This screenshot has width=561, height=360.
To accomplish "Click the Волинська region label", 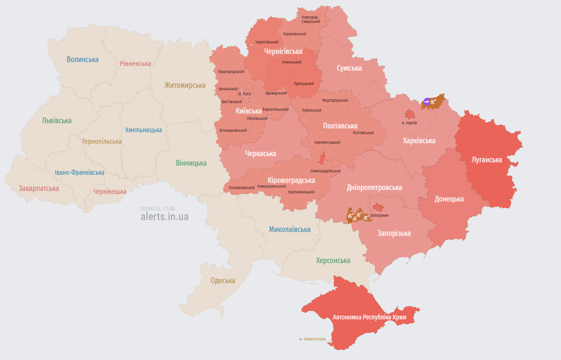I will pos(83,60).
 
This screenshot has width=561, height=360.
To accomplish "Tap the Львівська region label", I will pos(56,121).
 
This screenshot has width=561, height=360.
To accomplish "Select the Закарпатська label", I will pos(39,189).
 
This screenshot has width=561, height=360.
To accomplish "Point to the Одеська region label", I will pos(223,281).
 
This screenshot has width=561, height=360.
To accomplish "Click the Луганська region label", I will pos(487,160).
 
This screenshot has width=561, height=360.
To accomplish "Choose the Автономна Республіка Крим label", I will pos(369,318).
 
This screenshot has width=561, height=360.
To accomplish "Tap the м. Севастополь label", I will pos(313,339).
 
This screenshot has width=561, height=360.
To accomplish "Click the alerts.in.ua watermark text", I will pos(164,217).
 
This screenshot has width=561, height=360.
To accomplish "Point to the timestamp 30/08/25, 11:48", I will pos(158,209).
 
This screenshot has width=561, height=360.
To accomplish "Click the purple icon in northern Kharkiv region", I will pos(427,101).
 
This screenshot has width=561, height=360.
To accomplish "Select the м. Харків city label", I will pos(409,123).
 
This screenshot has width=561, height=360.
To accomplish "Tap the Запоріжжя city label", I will pos(379,215).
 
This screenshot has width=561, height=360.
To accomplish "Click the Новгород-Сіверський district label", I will pos(311,19).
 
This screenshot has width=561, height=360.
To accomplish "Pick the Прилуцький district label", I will pos(304,84).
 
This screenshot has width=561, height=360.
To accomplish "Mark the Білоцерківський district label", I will pos(233,130).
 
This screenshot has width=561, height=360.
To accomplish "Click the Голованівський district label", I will pos(242,188).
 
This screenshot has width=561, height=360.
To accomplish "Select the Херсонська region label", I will pos(333,261).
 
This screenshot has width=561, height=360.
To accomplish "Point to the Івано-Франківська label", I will pos(79,173).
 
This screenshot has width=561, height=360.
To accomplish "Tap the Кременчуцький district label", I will pos(327,142).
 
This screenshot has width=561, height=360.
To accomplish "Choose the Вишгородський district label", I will pos(231,72).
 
